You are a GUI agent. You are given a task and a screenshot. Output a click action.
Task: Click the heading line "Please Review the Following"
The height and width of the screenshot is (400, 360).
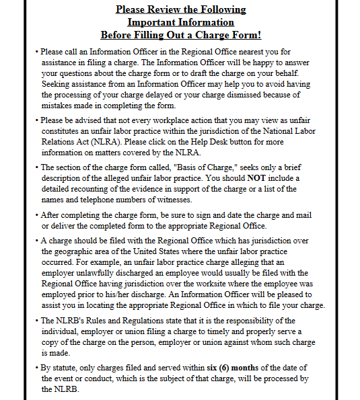click(x=180, y=9)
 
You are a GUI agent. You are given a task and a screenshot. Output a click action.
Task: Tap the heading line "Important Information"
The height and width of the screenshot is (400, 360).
click(x=180, y=22)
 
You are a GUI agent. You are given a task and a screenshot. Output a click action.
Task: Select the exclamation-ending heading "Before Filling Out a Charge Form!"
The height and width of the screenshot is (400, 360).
click(x=180, y=34)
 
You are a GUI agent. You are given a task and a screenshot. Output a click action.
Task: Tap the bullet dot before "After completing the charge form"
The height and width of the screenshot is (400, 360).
click(x=36, y=216)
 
